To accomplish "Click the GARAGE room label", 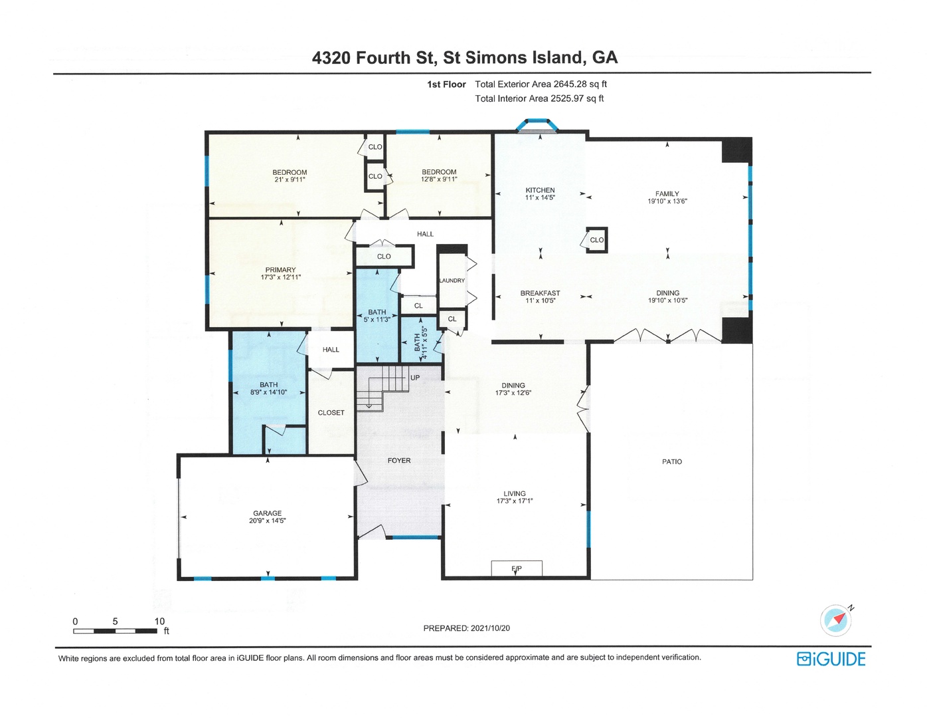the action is [x=267, y=513].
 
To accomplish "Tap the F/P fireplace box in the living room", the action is [x=517, y=568].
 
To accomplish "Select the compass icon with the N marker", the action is [x=836, y=620].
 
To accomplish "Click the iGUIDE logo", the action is [x=831, y=659].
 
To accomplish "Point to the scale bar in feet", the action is [x=115, y=631].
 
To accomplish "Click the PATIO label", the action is [x=672, y=462].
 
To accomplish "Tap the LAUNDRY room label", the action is [x=452, y=281].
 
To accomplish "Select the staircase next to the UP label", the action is [x=382, y=388].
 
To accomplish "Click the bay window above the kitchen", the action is [x=537, y=126].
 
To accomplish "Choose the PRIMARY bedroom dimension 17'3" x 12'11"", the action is [x=281, y=277].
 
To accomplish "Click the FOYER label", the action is [x=399, y=461].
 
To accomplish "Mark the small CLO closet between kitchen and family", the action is [x=596, y=240].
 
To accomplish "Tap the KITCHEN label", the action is [x=540, y=190].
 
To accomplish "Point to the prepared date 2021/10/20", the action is [x=490, y=628].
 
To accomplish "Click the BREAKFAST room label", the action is [x=540, y=293].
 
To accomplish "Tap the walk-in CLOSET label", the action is [x=331, y=413].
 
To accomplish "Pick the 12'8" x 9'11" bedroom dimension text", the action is [x=439, y=179].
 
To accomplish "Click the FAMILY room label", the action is [x=667, y=194].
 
